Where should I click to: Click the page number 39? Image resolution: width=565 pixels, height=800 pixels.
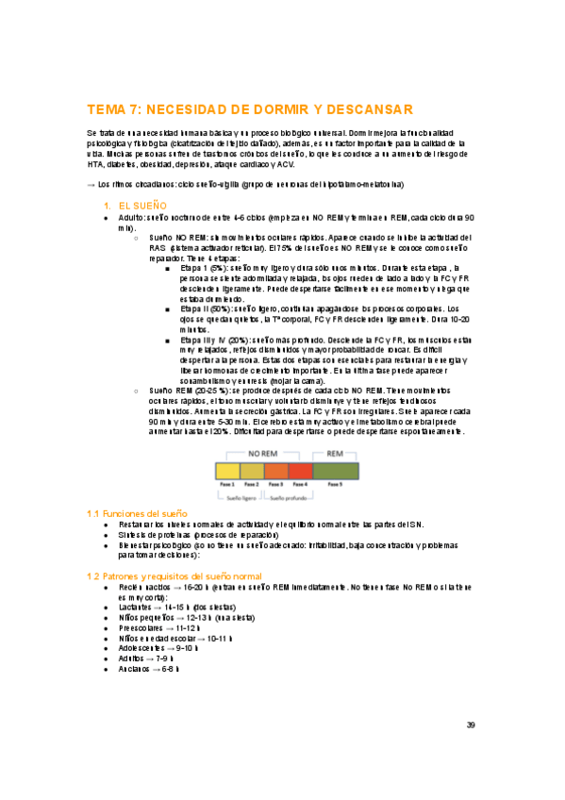pyautogui.click(x=471, y=725)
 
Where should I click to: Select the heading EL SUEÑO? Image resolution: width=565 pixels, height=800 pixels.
pyautogui.click(x=143, y=205)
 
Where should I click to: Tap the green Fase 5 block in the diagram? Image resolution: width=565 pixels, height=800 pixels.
pyautogui.click(x=336, y=470)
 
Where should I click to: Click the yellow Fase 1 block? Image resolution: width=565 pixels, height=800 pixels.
pyautogui.click(x=227, y=470)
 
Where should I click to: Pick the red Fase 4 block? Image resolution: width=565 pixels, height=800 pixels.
pyautogui.click(x=300, y=470)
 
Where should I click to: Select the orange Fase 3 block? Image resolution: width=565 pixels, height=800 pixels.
pyautogui.click(x=275, y=470)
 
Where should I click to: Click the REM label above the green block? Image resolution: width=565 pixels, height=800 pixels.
pyautogui.click(x=336, y=454)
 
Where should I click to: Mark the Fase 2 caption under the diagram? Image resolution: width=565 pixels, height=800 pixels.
pyautogui.click(x=251, y=483)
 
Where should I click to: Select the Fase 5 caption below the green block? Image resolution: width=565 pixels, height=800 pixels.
pyautogui.click(x=336, y=483)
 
